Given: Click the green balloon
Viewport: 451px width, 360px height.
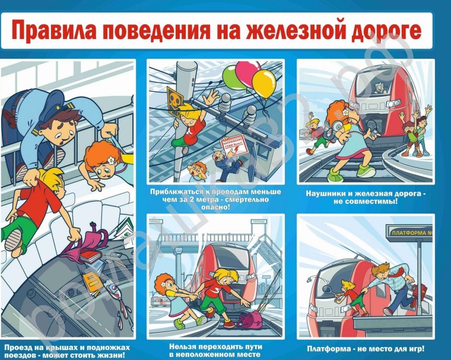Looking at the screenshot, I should [x=233, y=75].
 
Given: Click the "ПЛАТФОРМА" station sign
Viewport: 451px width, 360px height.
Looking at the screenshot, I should [x=410, y=232].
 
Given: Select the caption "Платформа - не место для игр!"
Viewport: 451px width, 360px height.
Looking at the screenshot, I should [x=365, y=349].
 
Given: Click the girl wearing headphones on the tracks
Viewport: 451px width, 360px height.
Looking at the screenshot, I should [x=344, y=133].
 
